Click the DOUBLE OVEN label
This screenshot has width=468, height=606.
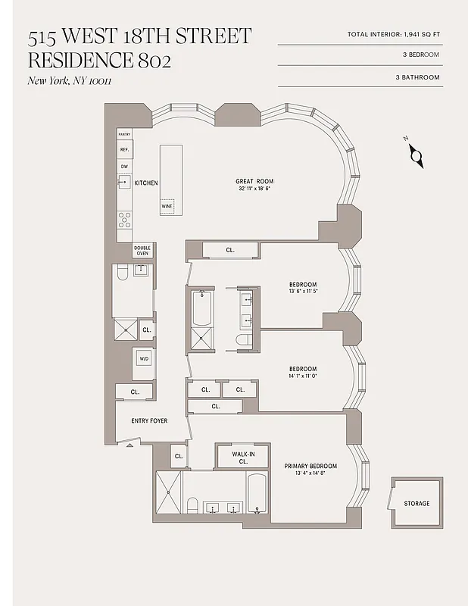click(142, 251)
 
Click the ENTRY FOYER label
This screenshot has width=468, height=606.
click(149, 420)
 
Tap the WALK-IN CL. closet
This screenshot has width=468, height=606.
click(243, 457)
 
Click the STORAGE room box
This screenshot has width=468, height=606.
click(417, 504)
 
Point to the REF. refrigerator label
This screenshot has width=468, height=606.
click(124, 150)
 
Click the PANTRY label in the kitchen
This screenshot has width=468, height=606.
click(124, 134)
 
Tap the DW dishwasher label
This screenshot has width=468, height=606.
click(124, 166)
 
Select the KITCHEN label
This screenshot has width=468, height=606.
click(146, 183)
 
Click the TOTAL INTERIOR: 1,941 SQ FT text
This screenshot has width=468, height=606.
click(394, 34)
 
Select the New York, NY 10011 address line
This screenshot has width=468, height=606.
click(69, 81)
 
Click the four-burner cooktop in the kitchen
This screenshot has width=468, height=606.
click(124, 220)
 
